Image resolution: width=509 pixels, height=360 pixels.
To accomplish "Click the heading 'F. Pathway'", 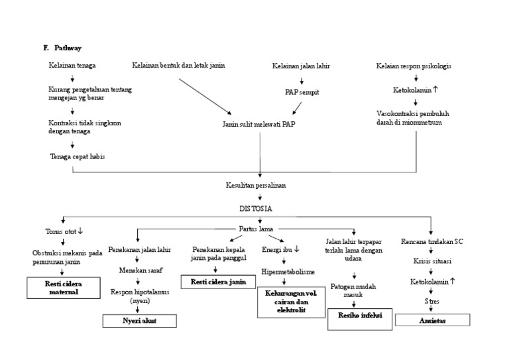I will [x=62, y=48].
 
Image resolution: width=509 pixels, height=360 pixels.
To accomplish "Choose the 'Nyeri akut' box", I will [x=140, y=321].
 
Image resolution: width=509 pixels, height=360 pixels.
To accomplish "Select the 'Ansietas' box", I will [x=432, y=320].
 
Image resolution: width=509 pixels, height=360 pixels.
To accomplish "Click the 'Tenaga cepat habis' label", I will [x=78, y=156].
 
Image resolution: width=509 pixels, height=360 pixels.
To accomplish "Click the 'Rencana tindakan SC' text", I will [x=432, y=241].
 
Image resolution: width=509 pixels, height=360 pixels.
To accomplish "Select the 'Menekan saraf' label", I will [x=140, y=270].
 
